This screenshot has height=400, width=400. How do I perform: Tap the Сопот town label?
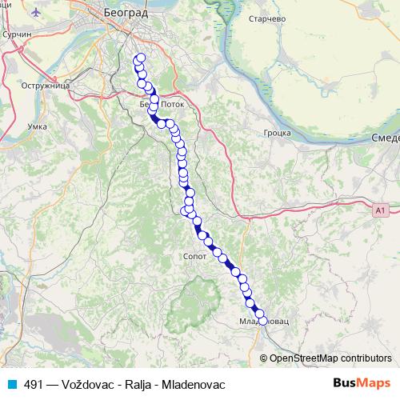click(194, 258)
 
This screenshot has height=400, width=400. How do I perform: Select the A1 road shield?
click(379, 210)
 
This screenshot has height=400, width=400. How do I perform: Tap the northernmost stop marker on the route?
click(142, 58)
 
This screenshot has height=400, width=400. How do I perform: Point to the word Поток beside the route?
click(173, 105)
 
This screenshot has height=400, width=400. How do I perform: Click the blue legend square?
click(10, 385)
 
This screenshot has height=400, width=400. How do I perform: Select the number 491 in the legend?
click(34, 385)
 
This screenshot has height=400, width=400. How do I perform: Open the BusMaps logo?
click(362, 384)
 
